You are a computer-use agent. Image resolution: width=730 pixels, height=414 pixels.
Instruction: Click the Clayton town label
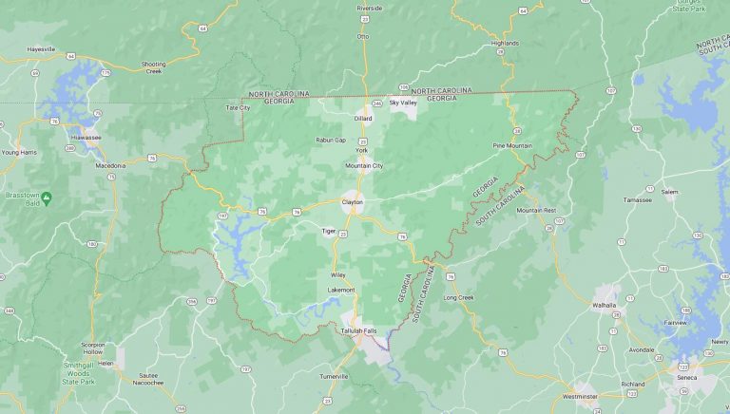pos(353,201)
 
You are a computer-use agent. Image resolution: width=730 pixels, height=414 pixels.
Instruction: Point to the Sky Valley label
pos(403,103)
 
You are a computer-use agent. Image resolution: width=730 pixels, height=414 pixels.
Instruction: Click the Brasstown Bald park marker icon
pos(47,197)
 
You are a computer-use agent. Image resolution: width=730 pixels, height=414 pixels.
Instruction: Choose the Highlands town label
pos(505,43)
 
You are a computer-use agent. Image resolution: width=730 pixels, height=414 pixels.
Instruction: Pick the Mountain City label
pos(364,165)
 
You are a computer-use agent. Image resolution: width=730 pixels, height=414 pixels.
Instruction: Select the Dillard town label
pos(363,119)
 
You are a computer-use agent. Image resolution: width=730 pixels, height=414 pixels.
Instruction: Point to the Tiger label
pos(328,230)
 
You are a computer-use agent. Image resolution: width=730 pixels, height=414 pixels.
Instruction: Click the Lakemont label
pos(341,290)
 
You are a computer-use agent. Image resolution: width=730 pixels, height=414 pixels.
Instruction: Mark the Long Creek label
pos(458,297)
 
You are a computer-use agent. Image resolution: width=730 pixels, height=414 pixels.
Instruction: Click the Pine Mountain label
pos(512,145)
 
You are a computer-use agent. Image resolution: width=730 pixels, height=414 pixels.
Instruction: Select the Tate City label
pos(238,108)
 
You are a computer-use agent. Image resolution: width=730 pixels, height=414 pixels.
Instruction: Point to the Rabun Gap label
pos(331,140)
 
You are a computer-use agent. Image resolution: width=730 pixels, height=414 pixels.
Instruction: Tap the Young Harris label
pos(18,152)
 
